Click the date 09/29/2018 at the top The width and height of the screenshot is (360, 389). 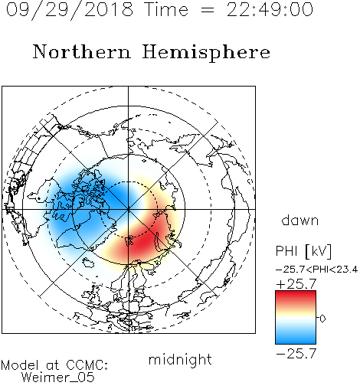click(70, 10)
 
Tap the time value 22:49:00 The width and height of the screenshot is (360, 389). click(270, 10)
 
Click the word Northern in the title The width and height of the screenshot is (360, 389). click(82, 51)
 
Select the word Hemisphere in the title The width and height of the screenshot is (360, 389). click(206, 52)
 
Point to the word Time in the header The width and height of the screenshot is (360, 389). click(166, 10)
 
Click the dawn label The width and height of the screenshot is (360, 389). click(300, 220)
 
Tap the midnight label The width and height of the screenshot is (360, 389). click(180, 360)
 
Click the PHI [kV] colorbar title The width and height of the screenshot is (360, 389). click(303, 251)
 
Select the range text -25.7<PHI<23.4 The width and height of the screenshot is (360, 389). click(316, 270)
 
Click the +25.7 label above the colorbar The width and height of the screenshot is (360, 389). click(296, 284)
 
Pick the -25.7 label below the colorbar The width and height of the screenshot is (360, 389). click(296, 354)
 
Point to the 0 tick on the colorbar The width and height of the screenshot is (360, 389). click(322, 319)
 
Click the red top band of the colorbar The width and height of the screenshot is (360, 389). click(296, 296)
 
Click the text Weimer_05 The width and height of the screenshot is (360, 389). click(58, 378)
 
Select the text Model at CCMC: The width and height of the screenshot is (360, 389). click(54, 365)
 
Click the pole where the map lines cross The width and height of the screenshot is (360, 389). click(129, 210)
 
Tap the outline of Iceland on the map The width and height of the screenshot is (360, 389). click(88, 262)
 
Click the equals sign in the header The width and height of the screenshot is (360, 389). click(208, 10)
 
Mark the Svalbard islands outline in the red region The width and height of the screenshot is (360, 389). click(129, 240)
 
